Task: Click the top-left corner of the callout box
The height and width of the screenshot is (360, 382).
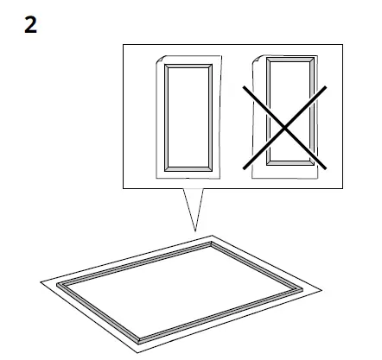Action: [124, 46]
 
